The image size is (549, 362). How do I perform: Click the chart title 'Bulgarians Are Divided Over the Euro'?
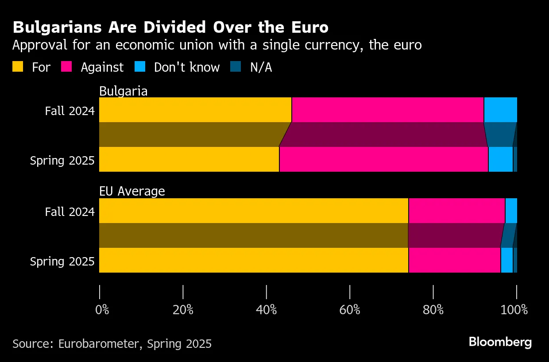(170, 27)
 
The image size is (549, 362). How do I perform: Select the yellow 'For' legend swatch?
(18, 67)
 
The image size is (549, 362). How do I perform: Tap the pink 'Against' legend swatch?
(66, 67)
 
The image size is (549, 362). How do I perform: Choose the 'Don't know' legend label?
(186, 67)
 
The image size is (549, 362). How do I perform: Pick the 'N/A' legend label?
(261, 67)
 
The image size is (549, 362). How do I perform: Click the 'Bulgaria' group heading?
(123, 91)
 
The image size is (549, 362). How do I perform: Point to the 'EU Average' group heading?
(132, 191)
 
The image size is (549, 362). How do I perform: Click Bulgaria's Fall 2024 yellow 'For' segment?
(195, 110)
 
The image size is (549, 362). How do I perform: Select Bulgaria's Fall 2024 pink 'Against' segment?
(387, 110)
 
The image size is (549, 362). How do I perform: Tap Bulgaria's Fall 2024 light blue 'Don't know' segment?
(500, 110)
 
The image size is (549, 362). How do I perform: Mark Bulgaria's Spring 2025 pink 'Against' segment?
(383, 159)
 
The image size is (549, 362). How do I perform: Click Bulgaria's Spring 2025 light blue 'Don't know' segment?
(501, 159)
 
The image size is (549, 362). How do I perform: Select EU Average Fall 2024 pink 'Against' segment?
(456, 211)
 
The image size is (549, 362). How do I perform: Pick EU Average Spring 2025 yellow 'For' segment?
(254, 260)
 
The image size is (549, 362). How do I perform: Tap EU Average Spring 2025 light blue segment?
(507, 260)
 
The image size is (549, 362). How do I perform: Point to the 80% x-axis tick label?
(433, 310)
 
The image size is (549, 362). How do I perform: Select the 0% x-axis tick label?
(102, 310)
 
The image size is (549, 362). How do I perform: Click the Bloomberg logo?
(500, 342)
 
